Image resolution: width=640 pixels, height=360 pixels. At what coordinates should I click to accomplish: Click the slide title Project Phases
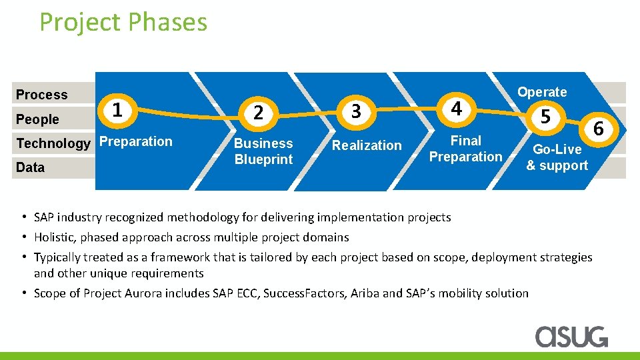[x=123, y=22]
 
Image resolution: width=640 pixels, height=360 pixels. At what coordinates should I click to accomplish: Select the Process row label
[x=41, y=95]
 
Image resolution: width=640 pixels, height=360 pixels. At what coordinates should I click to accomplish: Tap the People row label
[x=37, y=119]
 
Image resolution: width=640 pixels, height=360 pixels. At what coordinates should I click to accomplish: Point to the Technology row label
[x=53, y=143]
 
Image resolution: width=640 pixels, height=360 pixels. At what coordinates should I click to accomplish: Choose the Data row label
[x=30, y=167]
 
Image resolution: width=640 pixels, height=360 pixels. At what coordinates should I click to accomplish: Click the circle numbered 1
[x=117, y=109]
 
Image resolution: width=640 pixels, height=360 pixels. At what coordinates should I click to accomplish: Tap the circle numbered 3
[x=356, y=111]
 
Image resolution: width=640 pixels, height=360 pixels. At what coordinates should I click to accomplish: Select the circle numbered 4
[x=456, y=108]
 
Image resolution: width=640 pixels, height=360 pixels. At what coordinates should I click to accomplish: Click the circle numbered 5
[x=546, y=117]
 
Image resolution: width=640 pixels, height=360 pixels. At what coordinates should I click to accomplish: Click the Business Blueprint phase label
[x=263, y=151]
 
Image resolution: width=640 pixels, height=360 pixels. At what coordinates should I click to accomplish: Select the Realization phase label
[x=367, y=145]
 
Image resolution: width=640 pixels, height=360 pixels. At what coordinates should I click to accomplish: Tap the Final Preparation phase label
[x=465, y=149]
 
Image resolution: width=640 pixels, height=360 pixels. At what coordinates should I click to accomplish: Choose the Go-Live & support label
[x=557, y=157]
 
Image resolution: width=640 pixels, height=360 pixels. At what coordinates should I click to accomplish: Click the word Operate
[x=542, y=92]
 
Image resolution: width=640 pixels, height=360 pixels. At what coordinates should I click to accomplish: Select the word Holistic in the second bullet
[x=55, y=237]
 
